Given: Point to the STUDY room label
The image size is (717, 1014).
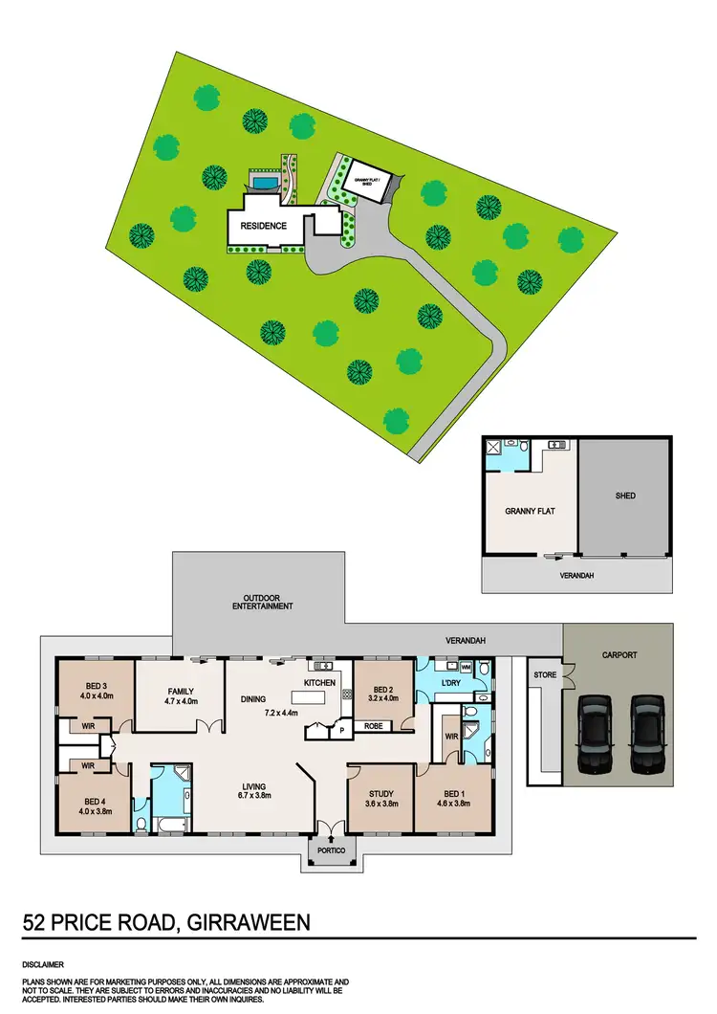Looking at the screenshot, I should click(380, 792).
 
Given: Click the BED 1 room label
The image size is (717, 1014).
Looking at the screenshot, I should click(454, 792).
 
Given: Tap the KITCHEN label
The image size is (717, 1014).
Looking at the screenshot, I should click(319, 683).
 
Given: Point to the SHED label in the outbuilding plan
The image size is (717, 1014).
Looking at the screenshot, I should click(625, 496).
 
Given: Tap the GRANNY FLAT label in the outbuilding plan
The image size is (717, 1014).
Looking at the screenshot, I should click(530, 511).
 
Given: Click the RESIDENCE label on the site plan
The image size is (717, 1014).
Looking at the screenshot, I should click(262, 226).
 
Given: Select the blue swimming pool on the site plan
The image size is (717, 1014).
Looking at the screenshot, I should click(264, 181).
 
